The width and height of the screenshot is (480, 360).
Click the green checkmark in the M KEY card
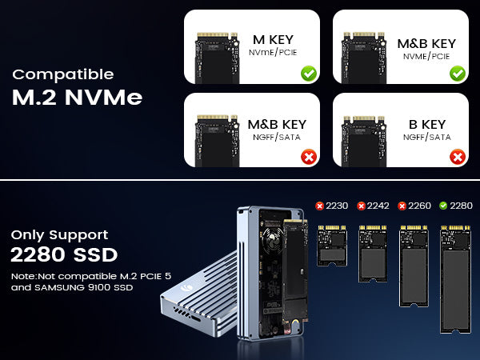(309, 74)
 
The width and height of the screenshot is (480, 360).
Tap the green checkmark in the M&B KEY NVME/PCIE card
(458, 74)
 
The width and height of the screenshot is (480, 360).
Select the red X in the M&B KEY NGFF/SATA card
(309, 157)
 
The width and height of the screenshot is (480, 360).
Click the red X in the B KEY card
(458, 157)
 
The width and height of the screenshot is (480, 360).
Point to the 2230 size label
(337, 206)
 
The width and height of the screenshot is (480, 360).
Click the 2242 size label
(378, 206)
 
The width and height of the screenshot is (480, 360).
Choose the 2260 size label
(419, 206)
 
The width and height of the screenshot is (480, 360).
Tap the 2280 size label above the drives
(461, 206)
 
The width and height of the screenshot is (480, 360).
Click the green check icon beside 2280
(443, 206)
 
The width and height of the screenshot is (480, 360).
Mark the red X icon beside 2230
(319, 206)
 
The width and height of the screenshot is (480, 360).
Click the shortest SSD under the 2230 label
(332, 246)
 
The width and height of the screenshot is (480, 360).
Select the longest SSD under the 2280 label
(455, 279)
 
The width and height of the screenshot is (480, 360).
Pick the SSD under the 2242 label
(373, 254)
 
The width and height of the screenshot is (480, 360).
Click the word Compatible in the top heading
(63, 75)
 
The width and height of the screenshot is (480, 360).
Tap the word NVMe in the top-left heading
(103, 98)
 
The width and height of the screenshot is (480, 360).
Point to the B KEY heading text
(427, 124)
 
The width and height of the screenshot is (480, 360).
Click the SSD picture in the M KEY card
(217, 58)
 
